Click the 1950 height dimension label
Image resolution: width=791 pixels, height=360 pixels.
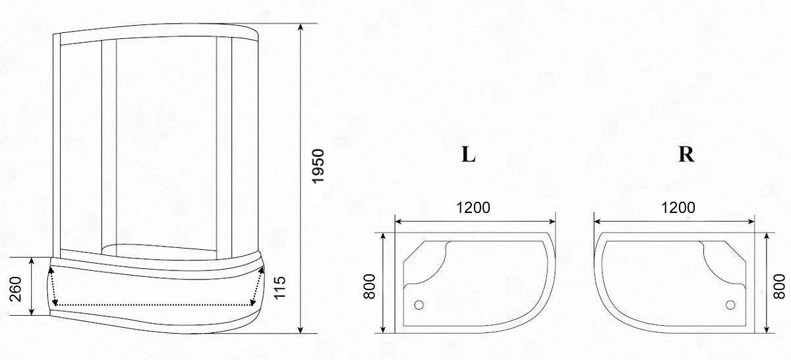(318, 166)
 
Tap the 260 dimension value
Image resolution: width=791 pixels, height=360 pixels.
(16, 289)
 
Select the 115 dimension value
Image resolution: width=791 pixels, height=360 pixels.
(279, 287)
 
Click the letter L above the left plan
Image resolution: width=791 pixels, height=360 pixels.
(468, 154)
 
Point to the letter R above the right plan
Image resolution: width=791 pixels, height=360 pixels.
(686, 154)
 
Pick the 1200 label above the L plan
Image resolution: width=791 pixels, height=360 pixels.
(473, 208)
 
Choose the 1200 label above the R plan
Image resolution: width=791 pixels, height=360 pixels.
(678, 208)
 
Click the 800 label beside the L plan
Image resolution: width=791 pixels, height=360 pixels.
(369, 287)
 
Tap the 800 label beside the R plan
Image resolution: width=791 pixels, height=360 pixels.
(779, 287)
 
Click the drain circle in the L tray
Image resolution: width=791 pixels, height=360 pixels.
(419, 305)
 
